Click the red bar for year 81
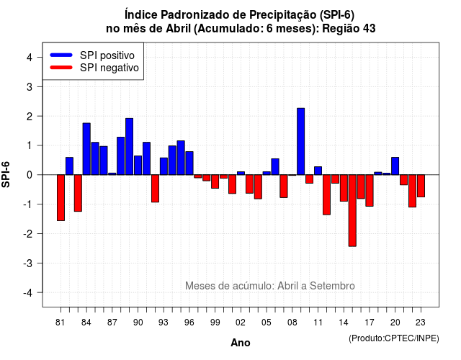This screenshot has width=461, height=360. point(61,197)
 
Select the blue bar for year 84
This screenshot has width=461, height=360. point(86,149)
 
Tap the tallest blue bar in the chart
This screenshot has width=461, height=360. point(301,141)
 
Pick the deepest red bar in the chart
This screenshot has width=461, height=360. point(352,210)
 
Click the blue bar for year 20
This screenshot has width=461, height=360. point(395,166)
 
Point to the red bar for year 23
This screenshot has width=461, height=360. point(421,186)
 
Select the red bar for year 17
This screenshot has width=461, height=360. point(370,190)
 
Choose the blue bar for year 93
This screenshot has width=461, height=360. point(164,166)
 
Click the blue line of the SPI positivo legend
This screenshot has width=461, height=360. point(61,55)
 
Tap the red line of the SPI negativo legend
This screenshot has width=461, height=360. point(61,68)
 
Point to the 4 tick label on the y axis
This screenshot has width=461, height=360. point(29,58)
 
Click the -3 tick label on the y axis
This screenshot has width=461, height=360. point(27,263)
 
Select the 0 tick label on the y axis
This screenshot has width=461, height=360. point(29,175)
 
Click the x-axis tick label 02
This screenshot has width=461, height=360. point(241,323)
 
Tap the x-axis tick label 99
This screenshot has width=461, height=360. point(215,323)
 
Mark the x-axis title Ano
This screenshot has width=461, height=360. point(241,343)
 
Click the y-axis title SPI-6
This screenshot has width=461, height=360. point(6,174)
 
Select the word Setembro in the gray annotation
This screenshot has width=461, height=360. point(332,286)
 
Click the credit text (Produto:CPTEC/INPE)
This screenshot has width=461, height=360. point(394,338)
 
